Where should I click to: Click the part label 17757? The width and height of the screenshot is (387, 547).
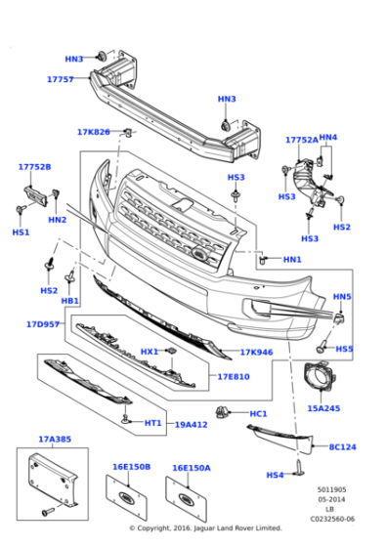point(60,79)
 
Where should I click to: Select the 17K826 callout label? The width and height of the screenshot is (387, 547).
point(94,132)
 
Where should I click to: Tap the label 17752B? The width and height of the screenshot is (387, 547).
point(34,167)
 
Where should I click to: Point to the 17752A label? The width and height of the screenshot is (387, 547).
point(301,140)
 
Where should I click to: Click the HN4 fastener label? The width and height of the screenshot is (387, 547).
point(327,138)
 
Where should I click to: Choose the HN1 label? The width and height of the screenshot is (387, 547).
point(292,259)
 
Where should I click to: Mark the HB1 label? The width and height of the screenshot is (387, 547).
point(69,302)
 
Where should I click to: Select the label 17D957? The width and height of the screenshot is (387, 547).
point(44,323)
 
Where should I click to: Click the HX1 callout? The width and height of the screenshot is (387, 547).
point(149,352)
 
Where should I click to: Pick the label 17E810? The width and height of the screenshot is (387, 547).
point(233,376)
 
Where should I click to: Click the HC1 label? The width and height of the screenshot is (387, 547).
point(258,413)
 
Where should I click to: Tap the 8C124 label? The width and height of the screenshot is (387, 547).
point(343,446)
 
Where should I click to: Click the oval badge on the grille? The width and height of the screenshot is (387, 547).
point(200,257)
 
